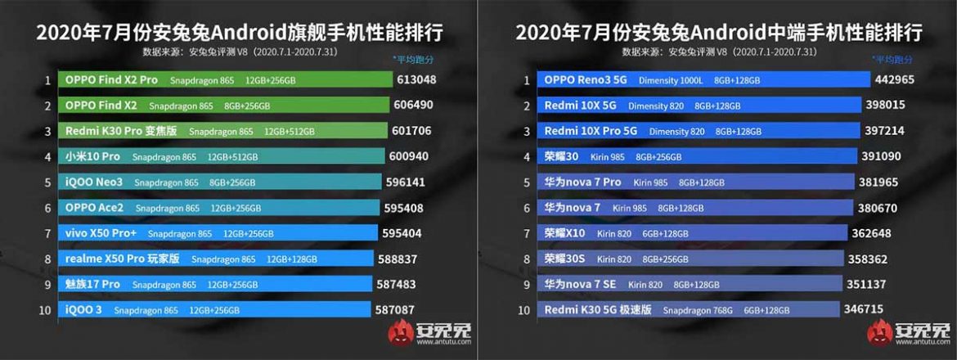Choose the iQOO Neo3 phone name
[x=93, y=182]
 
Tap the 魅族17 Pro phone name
[x=92, y=285]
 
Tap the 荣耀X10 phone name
[x=564, y=233]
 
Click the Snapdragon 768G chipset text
[x=698, y=310]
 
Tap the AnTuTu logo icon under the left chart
[x=401, y=333]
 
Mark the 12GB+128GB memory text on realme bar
[x=292, y=259]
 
